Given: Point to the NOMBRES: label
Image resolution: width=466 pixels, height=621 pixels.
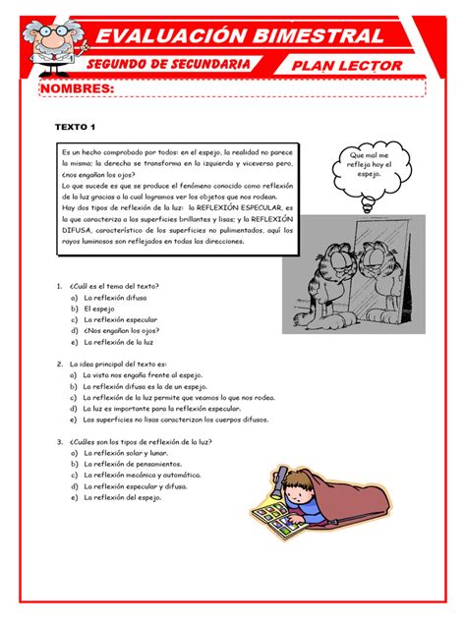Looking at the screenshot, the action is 76,90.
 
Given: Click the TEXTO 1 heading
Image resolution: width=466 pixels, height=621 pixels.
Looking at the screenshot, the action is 75,128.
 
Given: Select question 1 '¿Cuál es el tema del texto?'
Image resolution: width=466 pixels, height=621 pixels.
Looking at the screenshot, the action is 113,286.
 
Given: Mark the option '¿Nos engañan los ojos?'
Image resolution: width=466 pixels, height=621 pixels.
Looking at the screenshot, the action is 122,331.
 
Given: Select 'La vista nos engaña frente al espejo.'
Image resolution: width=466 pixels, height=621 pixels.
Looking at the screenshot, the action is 147,375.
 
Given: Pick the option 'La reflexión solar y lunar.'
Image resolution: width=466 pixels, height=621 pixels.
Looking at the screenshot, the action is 126,453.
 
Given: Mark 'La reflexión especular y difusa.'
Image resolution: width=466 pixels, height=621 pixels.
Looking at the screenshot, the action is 135,485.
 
